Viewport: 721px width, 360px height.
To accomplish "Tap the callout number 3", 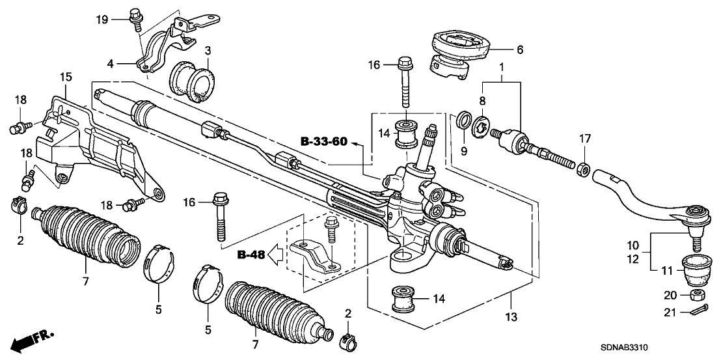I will [207, 50].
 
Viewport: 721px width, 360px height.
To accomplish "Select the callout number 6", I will [519, 49].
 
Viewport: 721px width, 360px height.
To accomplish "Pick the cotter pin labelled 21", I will [697, 313].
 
